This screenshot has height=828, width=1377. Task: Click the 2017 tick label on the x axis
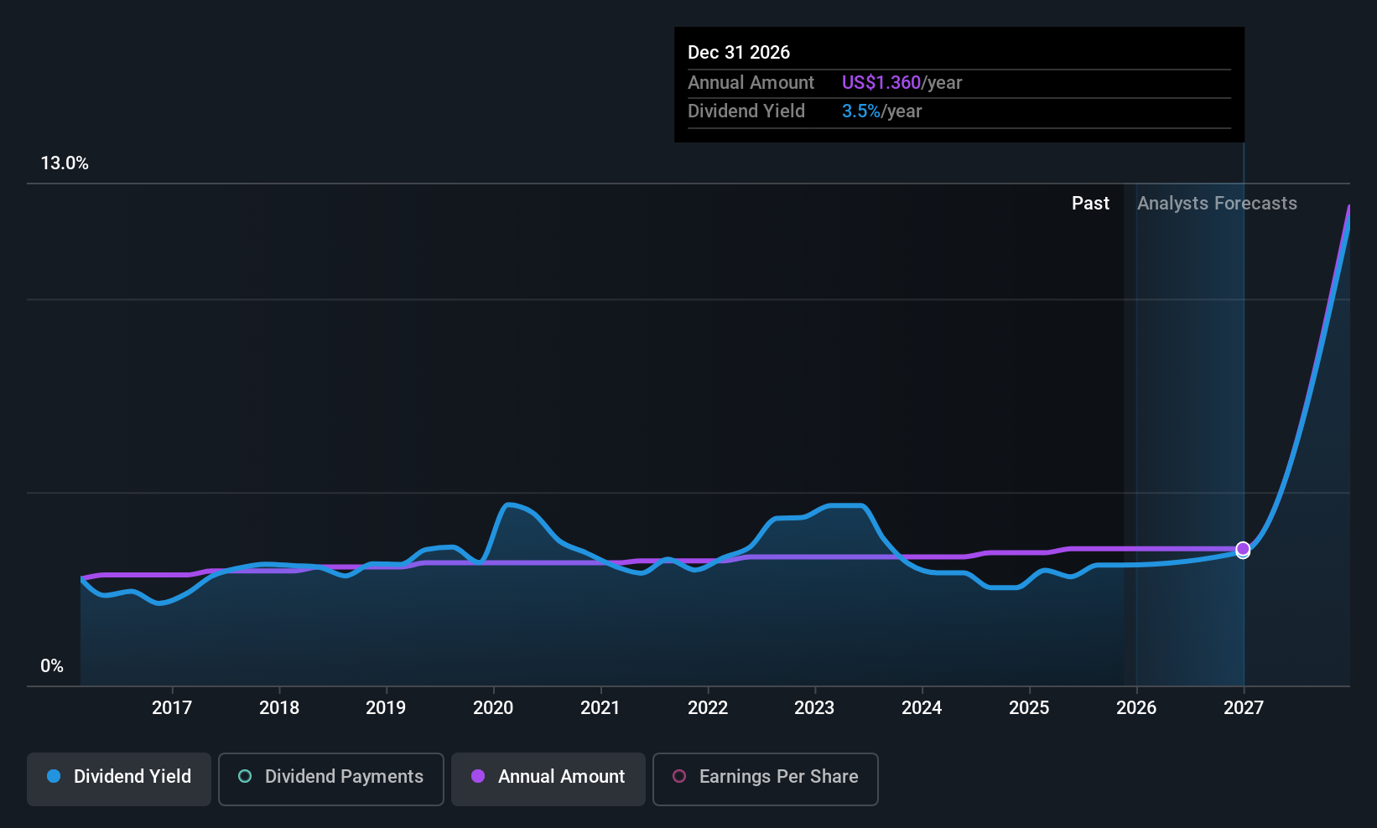(x=171, y=707)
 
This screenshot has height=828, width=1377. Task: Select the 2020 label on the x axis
(x=493, y=707)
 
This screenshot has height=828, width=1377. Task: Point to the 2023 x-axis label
(x=814, y=707)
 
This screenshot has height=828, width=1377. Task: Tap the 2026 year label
(x=1136, y=707)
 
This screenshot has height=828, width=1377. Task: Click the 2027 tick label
(x=1243, y=707)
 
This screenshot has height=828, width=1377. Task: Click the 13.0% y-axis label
(x=65, y=163)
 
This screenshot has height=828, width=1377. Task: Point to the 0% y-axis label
(x=52, y=666)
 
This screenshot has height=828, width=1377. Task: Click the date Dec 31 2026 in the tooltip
(x=739, y=52)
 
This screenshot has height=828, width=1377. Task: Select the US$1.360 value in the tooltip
(x=881, y=82)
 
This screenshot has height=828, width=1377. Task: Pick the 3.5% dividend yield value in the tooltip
(x=861, y=111)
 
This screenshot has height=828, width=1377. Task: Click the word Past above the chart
(x=1090, y=204)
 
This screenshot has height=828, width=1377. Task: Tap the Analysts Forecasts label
(x=1217, y=204)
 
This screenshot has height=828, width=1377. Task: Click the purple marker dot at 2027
(x=1243, y=548)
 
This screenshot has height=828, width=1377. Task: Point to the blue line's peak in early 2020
(x=508, y=505)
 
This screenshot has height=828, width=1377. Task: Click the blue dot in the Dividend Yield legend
(x=54, y=776)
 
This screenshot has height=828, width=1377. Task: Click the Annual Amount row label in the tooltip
(x=751, y=82)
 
